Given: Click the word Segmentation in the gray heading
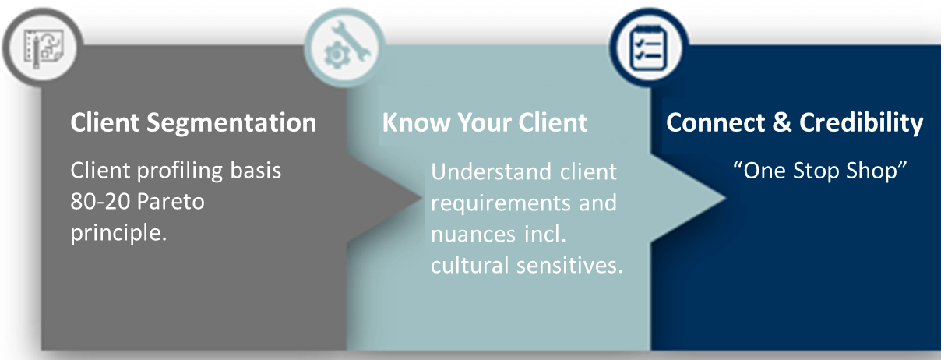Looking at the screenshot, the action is coord(231,124).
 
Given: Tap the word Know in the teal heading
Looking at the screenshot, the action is coord(416,122).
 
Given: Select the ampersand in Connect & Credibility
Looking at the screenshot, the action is coord(781,122).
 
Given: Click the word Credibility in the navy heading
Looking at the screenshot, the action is coord(861,124).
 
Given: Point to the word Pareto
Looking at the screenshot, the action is coord(171,201).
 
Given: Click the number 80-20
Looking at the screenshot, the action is coord(100,201).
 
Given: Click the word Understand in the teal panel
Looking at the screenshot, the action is coord(491,172).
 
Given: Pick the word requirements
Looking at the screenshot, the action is coord(501,203).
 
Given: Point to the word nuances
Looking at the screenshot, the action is coord(473,235).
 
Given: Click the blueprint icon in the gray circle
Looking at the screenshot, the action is coord(43,48).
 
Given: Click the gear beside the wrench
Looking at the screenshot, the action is coord(337,55).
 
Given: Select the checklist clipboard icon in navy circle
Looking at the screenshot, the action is coord(648,48).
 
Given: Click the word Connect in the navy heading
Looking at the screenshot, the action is coord(716,122).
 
